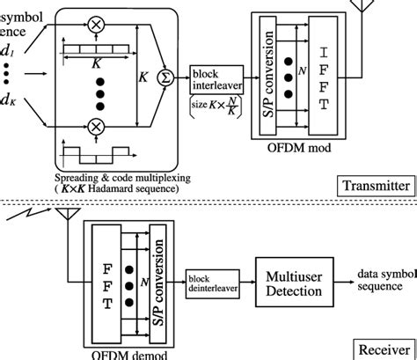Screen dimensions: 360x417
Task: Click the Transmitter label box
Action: click(x=376, y=186)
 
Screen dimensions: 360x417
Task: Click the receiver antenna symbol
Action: click(x=64, y=217)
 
